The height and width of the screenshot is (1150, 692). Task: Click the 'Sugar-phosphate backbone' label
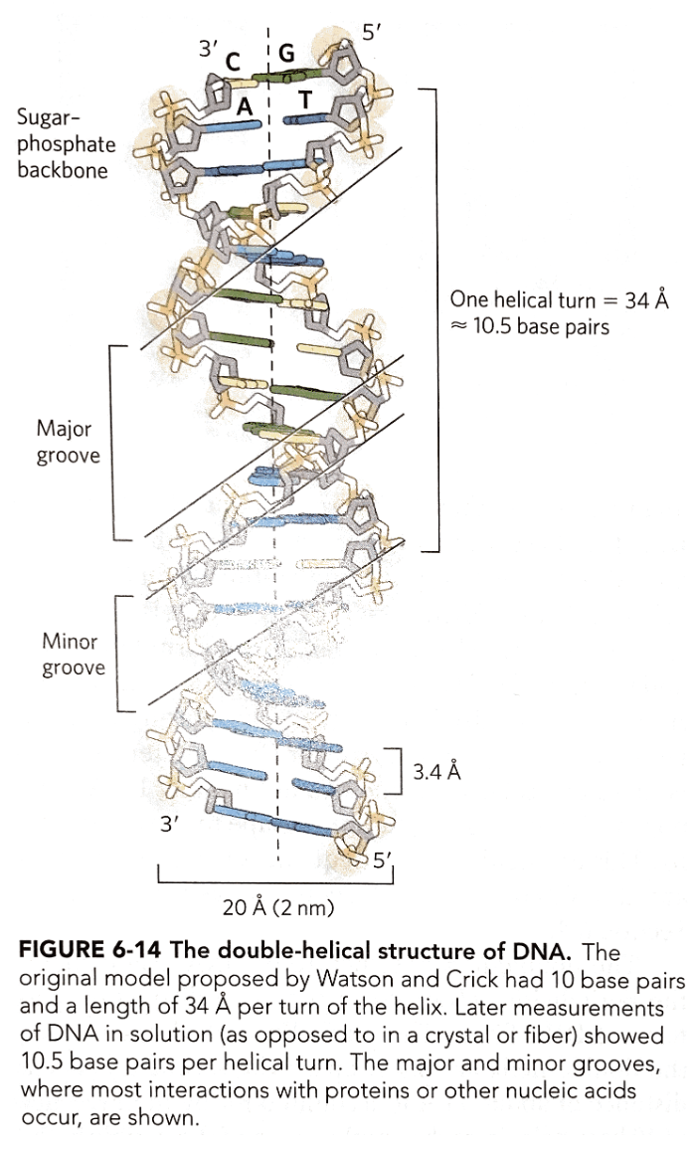point(65,144)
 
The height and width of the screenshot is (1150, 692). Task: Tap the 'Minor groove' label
point(73,655)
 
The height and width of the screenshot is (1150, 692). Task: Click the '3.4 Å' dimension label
point(437,772)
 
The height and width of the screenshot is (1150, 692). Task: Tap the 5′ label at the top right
point(372,33)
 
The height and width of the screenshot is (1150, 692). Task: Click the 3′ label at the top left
point(208,48)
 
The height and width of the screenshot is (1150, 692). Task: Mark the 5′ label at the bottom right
point(381,862)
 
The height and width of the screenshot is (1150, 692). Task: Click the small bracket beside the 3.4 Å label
point(396,770)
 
